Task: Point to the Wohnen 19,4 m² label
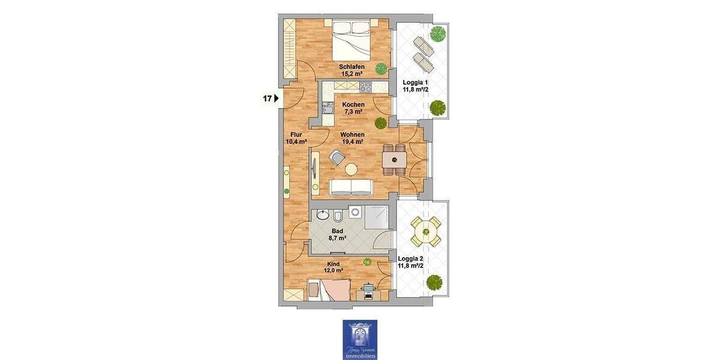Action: point(353,138)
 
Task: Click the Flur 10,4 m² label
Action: point(296,139)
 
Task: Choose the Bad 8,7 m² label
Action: point(338,234)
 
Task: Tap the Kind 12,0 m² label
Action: point(334,267)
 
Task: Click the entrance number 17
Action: point(268,98)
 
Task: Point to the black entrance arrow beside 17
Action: point(277,98)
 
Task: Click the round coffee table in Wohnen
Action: point(351,169)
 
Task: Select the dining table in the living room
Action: point(394,159)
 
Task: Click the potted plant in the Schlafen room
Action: point(380,67)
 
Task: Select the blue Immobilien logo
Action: point(360,340)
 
